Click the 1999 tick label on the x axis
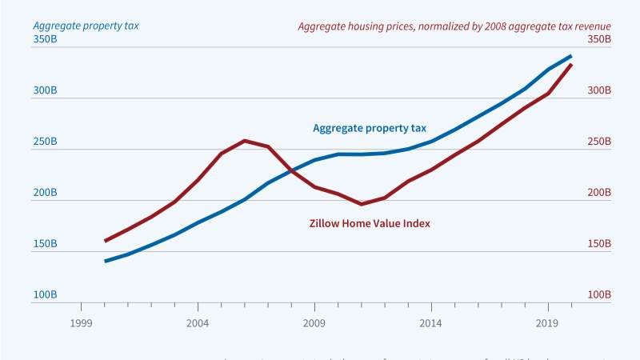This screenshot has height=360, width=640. tap(81, 323)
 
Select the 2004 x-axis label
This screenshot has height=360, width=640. tap(198, 323)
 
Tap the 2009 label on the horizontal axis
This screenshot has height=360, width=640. tap(314, 323)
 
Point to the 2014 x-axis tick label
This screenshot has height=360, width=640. tap(431, 323)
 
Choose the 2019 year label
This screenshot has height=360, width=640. tap(548, 323)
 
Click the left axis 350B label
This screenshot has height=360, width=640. tap(45, 39)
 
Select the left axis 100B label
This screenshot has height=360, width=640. tap(45, 295)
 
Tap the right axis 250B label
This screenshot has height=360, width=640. tap(598, 142)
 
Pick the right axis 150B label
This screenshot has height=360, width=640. tap(598, 244)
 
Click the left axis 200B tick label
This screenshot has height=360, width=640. tap(45, 193)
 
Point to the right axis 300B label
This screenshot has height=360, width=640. tap(598, 90)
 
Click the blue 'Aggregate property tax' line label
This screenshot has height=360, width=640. tap(370, 128)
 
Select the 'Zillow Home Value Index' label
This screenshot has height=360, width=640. tap(370, 224)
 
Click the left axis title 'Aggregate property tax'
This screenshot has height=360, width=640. tap(86, 26)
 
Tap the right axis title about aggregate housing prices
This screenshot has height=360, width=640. tap(454, 26)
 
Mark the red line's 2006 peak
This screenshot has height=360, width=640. tap(245, 141)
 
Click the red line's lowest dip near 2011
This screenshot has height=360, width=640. tap(362, 204)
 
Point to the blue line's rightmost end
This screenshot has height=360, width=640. tap(571, 56)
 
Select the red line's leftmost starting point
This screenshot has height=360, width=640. tap(105, 241)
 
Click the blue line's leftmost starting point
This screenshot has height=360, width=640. tap(105, 261)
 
